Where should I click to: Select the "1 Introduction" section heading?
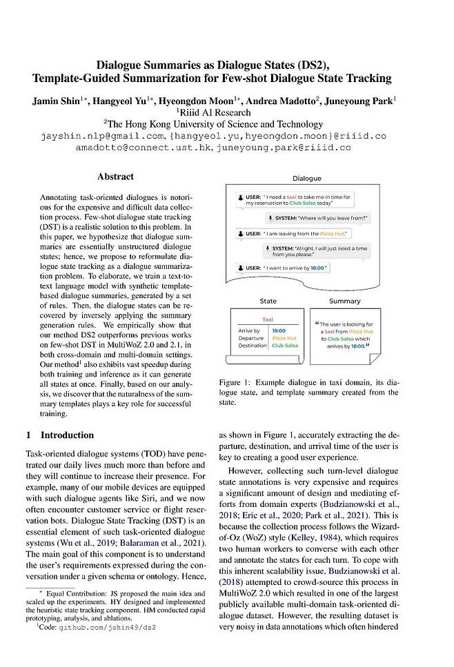pos(59,435)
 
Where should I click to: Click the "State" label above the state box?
pos(268,301)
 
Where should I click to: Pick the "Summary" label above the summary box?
pos(344,301)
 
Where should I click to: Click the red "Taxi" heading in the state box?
pos(268,320)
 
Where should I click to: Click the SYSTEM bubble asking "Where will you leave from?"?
pos(319,219)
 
